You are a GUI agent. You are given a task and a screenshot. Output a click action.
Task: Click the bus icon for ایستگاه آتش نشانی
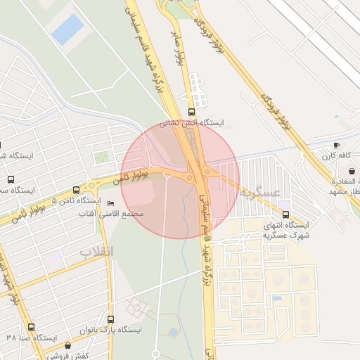(192, 112)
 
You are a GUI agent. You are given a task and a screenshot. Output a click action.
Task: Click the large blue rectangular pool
(68, 30)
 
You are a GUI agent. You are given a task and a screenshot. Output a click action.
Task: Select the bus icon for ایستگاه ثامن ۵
(77, 190)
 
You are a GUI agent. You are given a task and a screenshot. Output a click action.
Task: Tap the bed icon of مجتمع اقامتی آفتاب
(110, 202)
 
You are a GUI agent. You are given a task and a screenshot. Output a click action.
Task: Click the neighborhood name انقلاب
(96, 251)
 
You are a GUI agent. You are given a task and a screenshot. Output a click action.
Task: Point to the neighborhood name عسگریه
(259, 192)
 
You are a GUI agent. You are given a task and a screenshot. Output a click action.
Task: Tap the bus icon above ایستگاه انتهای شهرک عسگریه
(285, 214)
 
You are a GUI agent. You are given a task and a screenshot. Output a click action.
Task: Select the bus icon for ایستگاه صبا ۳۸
(31, 327)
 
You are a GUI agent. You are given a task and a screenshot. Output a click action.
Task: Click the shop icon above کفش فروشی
(67, 346)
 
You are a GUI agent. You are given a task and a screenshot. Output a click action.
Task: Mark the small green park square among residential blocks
(102, 157)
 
